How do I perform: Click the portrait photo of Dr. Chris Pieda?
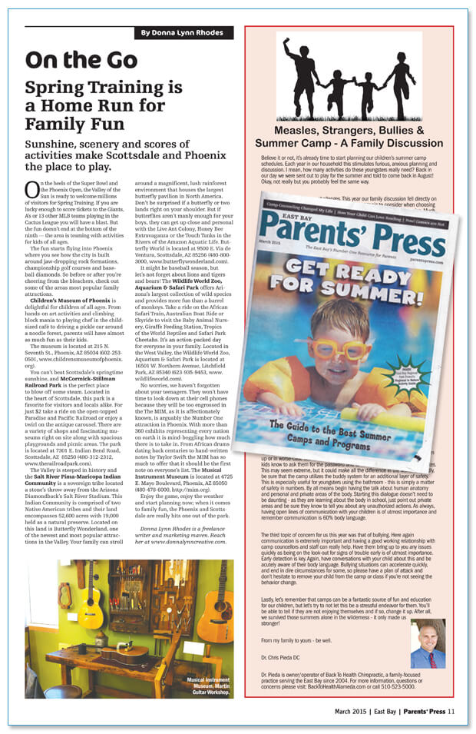click(x=427, y=643)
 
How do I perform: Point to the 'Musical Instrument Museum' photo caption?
click(x=207, y=683)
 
